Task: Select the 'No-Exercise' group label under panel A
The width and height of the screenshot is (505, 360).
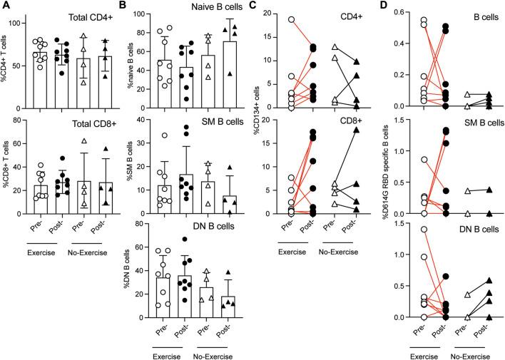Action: pos(93,351)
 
